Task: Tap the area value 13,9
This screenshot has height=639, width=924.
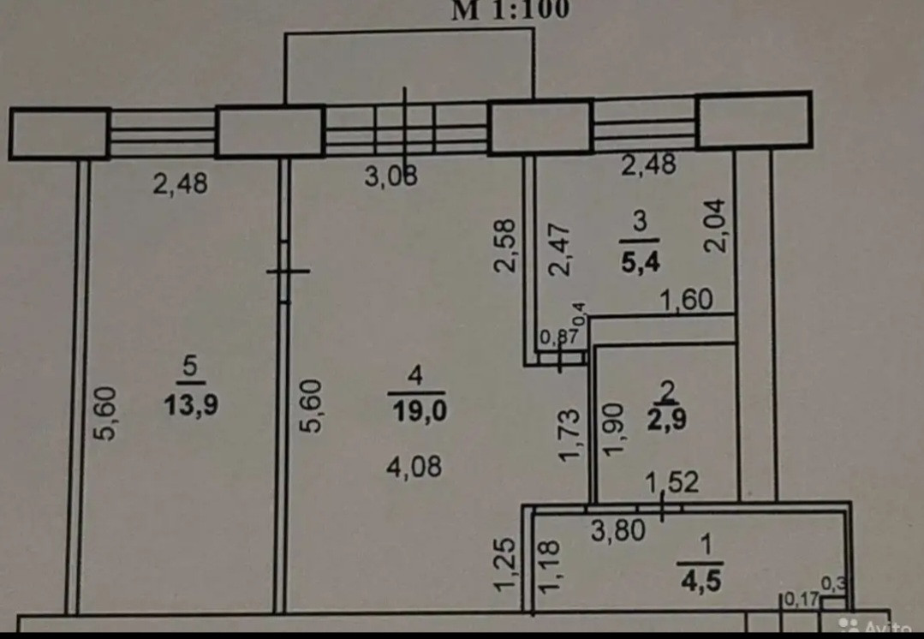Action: pyautogui.click(x=191, y=404)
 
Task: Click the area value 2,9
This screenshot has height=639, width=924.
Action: pyautogui.click(x=666, y=421)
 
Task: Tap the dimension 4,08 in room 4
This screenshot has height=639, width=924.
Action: pyautogui.click(x=416, y=468)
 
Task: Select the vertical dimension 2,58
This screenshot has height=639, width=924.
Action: pyautogui.click(x=505, y=246)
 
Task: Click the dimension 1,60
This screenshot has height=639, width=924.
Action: pyautogui.click(x=685, y=301)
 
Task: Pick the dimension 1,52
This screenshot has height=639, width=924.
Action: pyautogui.click(x=671, y=482)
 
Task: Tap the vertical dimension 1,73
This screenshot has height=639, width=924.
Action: pyautogui.click(x=569, y=434)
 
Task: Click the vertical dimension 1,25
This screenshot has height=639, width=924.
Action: pyautogui.click(x=506, y=563)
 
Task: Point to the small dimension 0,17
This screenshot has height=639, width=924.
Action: pyautogui.click(x=801, y=599)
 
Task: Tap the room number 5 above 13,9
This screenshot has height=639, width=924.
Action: pyautogui.click(x=190, y=367)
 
